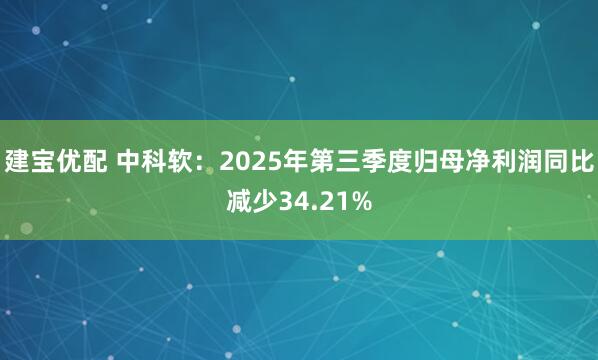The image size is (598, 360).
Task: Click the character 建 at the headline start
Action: coord(16,159)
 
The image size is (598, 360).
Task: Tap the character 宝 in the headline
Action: coord(42,159)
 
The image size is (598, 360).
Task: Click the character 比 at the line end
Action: coord(582,159)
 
